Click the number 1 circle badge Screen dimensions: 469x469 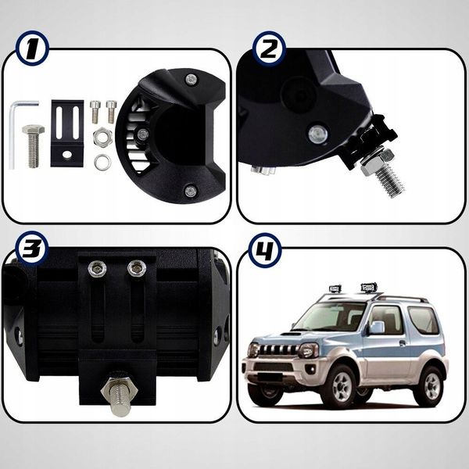tap(31, 48)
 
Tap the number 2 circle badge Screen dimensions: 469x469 tap(269, 48)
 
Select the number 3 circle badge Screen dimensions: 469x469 tap(31, 248)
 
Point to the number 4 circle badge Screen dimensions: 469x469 tap(265, 250)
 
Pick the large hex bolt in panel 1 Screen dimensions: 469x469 tap(33, 146)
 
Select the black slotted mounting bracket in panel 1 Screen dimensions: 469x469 tap(67, 134)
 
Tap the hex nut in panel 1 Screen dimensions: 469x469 tap(102, 137)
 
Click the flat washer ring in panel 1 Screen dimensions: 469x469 tap(102, 162)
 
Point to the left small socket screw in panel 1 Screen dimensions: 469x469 tap(95, 112)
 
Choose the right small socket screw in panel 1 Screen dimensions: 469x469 tap(111, 112)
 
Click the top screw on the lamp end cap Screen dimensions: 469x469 tap(191, 80)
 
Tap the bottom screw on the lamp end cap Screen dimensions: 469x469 tap(190, 191)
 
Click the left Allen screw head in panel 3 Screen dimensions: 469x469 tap(98, 268)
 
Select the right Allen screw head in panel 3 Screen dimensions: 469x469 tap(136, 268)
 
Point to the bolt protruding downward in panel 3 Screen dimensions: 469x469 tap(120, 396)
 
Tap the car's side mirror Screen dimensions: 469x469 tap(376, 328)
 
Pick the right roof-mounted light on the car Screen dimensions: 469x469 tap(367, 288)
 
